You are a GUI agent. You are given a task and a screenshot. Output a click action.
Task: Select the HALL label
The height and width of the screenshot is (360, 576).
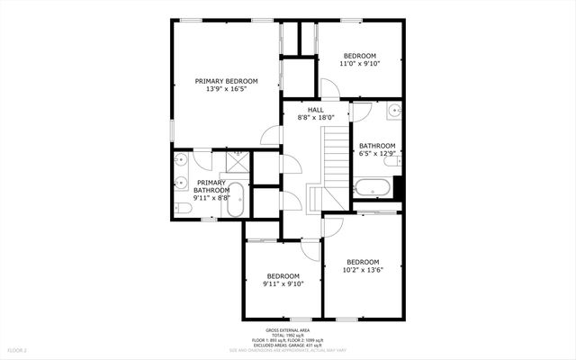pos(315,109)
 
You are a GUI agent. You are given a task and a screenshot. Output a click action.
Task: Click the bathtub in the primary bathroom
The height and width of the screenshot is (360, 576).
pos(236,199)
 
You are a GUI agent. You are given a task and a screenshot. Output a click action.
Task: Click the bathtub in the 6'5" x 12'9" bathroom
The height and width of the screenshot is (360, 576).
pos(372,189)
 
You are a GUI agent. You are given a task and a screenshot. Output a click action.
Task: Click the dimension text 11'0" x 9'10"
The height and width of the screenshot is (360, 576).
pos(359,64)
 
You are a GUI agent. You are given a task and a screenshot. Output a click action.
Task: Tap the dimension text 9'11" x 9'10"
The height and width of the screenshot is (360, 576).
pos(283,283)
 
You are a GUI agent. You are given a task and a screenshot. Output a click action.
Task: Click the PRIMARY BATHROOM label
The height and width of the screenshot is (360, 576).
pos(213,186)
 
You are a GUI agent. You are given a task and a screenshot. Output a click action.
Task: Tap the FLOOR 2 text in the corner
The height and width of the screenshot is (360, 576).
pos(18,349)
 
